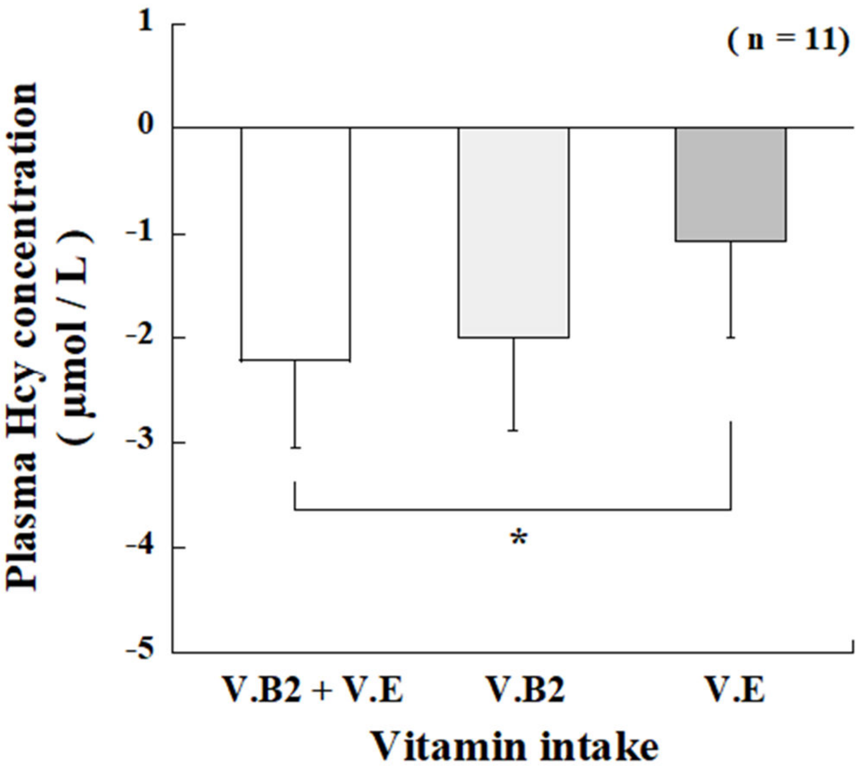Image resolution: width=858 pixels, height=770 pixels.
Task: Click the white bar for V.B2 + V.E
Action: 295,243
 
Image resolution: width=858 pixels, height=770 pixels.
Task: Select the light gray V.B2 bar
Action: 513,232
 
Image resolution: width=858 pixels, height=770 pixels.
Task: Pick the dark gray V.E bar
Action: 731,184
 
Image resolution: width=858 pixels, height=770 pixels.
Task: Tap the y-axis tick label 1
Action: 145,22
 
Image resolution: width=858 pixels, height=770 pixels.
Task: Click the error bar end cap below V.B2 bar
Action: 513,430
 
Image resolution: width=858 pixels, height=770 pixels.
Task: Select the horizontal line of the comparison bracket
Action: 513,510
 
